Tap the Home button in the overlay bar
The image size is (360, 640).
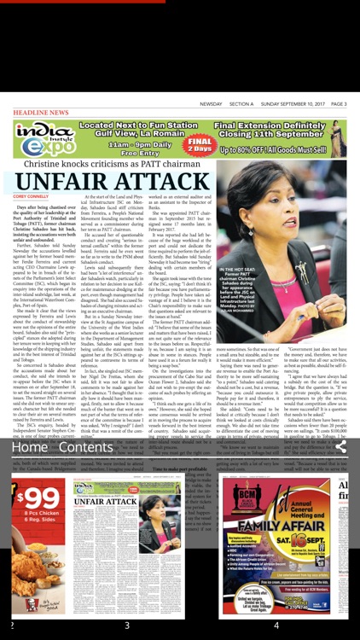click(29, 447)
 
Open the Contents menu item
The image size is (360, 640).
click(85, 447)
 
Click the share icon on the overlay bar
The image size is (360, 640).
click(340, 446)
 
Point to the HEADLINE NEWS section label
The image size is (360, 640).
click(40, 112)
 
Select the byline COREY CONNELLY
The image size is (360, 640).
click(31, 196)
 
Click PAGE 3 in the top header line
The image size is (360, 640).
click(339, 104)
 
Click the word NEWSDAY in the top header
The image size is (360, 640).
click(211, 104)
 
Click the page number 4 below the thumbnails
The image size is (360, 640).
click(276, 625)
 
